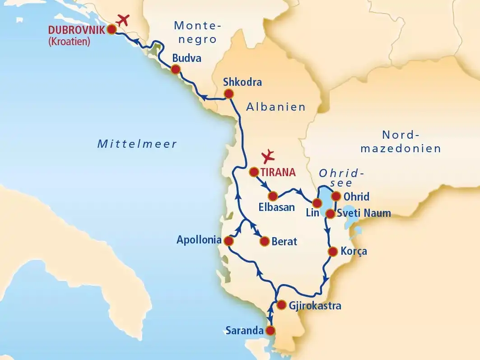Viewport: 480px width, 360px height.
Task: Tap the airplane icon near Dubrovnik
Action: [122, 20]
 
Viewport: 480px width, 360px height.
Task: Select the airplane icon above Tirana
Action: [269, 156]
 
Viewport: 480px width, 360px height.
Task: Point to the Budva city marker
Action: [175, 69]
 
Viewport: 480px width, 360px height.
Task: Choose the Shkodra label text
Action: [242, 83]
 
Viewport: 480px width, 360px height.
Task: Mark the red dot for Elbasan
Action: [273, 196]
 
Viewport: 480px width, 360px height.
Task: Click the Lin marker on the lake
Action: [317, 202]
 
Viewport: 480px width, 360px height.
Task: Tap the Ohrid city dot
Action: [336, 196]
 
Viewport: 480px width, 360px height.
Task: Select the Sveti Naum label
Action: [364, 213]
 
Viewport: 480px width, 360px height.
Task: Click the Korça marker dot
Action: [333, 252]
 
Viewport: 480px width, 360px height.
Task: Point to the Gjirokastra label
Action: [315, 306]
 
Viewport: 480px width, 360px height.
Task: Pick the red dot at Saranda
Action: [270, 331]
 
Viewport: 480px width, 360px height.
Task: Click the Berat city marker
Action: [265, 241]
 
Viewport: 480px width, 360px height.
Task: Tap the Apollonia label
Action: [199, 240]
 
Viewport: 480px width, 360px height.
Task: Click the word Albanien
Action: [276, 107]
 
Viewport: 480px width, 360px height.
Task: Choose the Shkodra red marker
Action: [229, 94]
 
